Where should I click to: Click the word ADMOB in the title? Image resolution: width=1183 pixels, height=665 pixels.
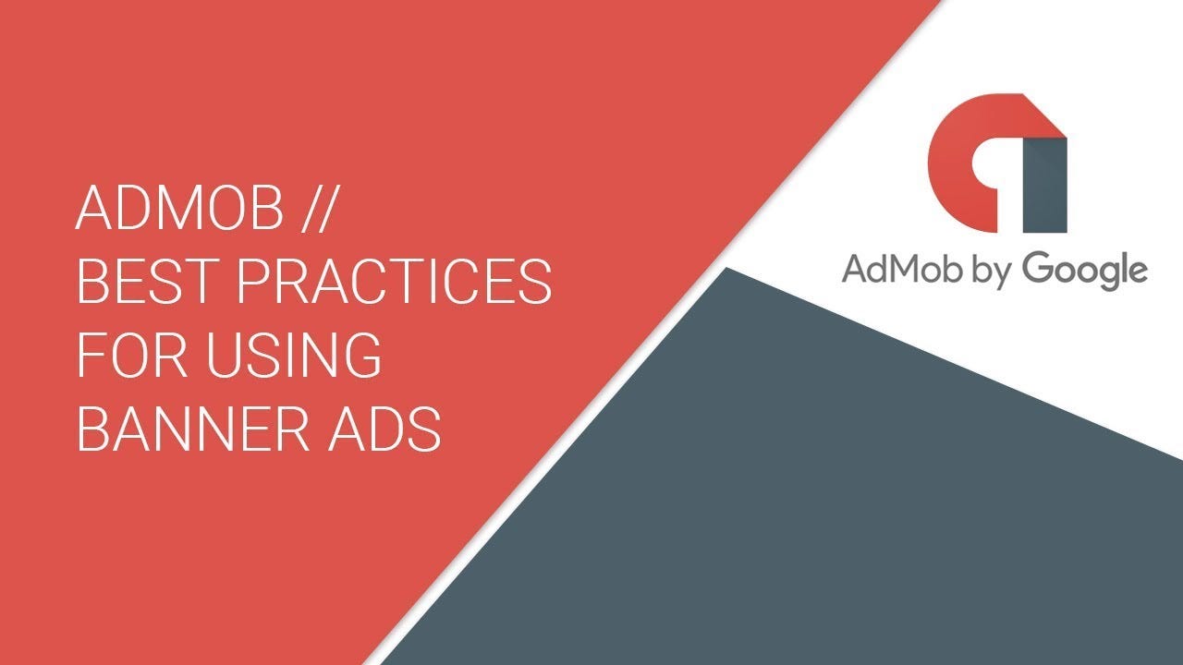click(179, 208)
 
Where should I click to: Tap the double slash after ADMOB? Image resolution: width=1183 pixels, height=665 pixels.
click(318, 209)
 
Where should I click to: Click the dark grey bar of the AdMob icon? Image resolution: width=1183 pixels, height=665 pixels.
click(1045, 185)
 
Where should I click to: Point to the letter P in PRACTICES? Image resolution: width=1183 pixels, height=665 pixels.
click(252, 282)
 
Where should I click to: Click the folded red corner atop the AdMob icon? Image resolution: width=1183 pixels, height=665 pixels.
click(1043, 120)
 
